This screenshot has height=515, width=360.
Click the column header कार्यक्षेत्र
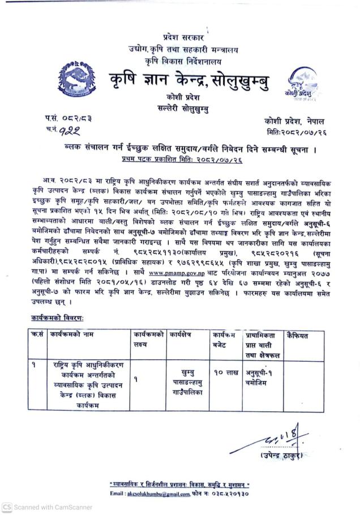pos(182,335)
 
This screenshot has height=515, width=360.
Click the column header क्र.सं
pos(37,335)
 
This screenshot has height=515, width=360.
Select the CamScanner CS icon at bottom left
pos(7,507)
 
